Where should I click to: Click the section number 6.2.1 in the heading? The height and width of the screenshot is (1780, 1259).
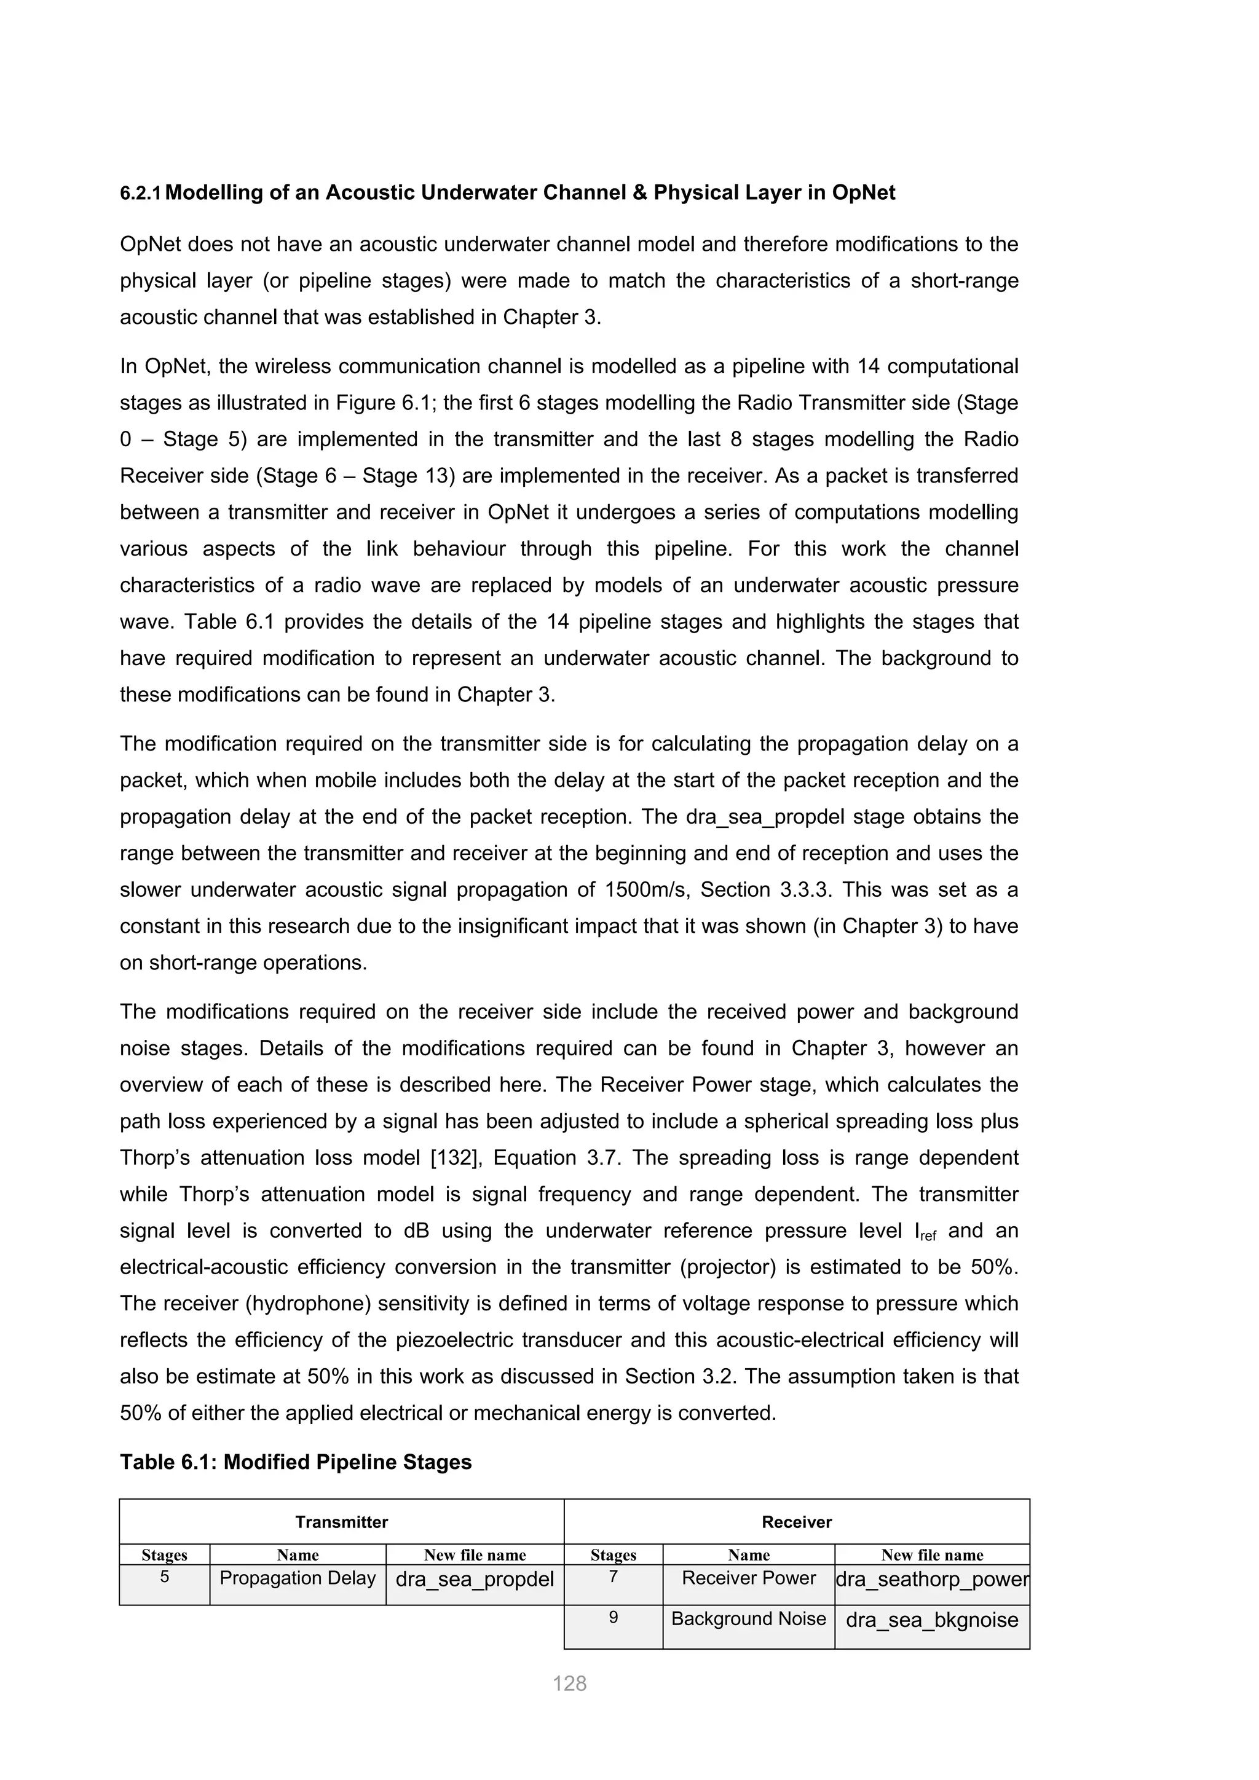click(x=140, y=194)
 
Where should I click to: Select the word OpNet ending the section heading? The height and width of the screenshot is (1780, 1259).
click(x=863, y=193)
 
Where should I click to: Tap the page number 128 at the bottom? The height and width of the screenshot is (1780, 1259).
click(x=569, y=1683)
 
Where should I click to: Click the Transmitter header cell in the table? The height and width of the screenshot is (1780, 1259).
click(x=341, y=1522)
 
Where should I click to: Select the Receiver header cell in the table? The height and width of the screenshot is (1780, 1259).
click(x=796, y=1522)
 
